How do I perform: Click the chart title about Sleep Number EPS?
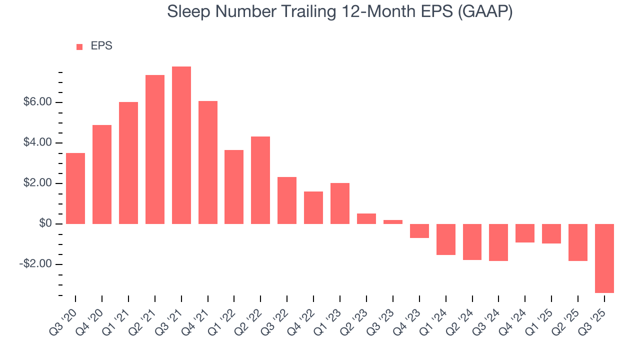point(340,12)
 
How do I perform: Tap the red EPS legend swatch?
point(79,47)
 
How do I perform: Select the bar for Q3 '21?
point(181,145)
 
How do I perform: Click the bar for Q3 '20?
point(75,188)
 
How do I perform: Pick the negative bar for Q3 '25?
point(604,258)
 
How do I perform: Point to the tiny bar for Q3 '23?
point(393,222)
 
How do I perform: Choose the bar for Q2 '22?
point(260,180)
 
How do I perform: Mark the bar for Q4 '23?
point(419,231)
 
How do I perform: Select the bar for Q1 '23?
point(340,203)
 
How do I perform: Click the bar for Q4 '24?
point(525,233)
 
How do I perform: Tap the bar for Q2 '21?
point(155,149)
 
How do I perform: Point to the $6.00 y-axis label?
point(38,102)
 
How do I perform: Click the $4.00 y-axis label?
point(38,143)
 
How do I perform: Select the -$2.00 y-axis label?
point(36,264)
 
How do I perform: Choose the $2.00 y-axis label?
point(38,183)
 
